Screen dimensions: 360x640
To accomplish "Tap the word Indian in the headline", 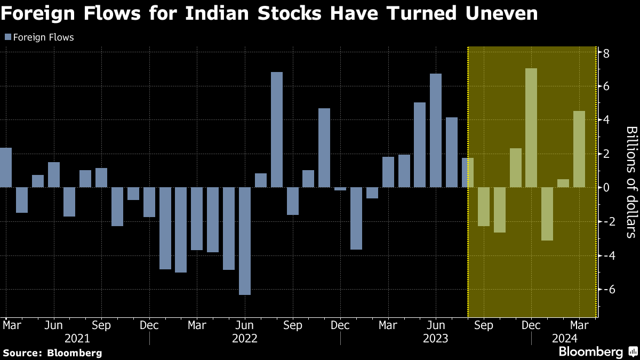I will (222, 13).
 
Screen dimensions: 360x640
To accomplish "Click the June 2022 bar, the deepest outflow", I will (245, 241).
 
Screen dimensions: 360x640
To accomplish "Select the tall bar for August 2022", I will (276, 130).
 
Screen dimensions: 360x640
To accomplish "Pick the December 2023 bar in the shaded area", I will (531, 128).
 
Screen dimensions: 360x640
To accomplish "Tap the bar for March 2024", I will (579, 149).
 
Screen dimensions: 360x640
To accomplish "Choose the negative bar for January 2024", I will (547, 213).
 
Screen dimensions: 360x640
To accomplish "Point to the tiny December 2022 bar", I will (340, 188).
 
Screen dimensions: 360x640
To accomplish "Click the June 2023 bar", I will (436, 131).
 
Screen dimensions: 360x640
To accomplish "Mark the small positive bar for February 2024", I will (563, 183).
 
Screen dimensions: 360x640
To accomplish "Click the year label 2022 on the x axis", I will (245, 338).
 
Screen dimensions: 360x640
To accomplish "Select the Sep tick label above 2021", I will (101, 325).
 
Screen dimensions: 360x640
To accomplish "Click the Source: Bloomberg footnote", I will (52, 353).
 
